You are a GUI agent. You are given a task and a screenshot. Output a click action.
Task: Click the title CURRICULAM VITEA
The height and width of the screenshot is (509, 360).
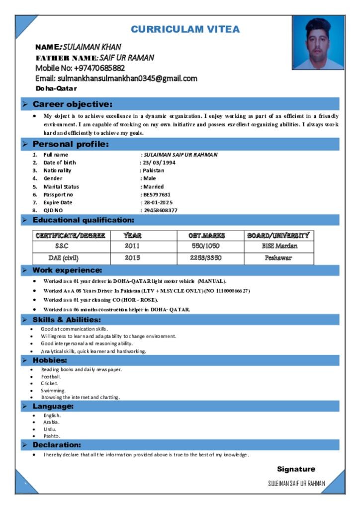185,29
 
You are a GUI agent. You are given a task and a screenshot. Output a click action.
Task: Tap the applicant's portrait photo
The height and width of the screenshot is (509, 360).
318,43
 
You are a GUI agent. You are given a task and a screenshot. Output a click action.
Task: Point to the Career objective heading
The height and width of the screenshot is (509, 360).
72,104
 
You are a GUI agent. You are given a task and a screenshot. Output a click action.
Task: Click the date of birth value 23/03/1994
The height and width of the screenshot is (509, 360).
159,163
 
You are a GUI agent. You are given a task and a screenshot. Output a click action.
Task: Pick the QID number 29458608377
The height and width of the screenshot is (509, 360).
160,210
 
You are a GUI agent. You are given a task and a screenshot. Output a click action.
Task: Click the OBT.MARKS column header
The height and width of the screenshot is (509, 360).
206,236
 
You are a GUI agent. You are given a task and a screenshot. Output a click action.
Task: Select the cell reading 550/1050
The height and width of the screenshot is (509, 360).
206,246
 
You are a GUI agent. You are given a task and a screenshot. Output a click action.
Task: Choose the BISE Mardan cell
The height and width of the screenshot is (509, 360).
279,246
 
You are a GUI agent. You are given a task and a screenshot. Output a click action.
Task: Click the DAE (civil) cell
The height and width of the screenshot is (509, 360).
63,258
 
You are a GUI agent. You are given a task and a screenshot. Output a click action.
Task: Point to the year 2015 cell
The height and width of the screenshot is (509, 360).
132,258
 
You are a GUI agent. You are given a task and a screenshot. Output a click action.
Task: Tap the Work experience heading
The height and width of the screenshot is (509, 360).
67,270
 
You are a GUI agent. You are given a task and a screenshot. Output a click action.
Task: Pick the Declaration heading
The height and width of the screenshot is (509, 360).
57,445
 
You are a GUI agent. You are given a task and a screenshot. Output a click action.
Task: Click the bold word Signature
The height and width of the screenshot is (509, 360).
296,469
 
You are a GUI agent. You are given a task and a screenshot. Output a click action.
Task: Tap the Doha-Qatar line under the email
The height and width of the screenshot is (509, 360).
56,88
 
